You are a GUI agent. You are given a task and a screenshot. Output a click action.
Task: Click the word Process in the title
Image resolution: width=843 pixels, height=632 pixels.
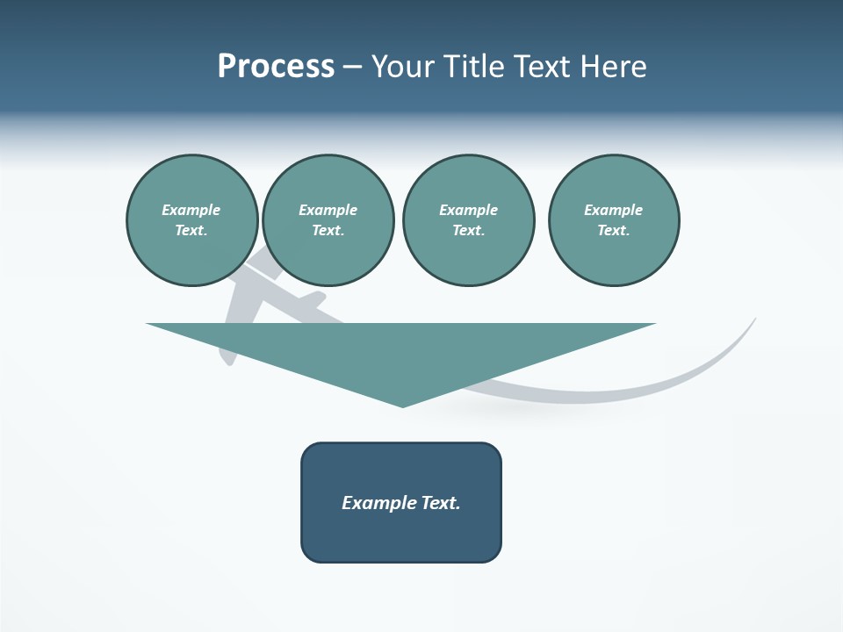pos(276,67)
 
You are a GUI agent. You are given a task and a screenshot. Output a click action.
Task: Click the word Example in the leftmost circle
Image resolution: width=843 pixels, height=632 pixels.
pos(191,210)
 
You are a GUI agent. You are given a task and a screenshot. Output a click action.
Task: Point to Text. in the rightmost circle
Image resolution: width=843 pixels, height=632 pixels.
pos(614,231)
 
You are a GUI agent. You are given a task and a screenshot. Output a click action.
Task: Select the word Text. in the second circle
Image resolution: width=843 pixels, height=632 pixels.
pos(328,231)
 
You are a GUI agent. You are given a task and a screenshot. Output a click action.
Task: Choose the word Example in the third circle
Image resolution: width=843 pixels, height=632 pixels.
pos(468,210)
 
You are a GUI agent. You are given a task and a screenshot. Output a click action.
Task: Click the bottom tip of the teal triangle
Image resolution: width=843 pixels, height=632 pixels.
pos(403,405)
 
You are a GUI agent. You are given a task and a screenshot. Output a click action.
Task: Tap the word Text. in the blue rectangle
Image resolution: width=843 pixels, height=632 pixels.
pos(440,503)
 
